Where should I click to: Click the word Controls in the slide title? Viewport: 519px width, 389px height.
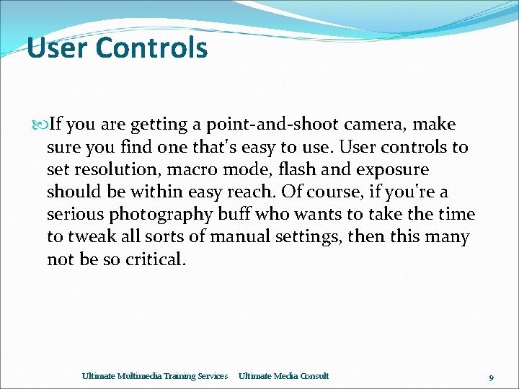pos(151,48)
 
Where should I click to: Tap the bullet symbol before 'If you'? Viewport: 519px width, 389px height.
pos(40,125)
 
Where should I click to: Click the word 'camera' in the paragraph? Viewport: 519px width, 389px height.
pos(378,125)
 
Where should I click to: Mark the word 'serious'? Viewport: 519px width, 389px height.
pos(76,215)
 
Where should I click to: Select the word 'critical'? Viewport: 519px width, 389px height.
pos(153,259)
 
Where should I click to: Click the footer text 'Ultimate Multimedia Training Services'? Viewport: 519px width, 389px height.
pos(155,376)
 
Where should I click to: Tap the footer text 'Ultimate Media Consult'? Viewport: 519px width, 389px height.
pos(283,376)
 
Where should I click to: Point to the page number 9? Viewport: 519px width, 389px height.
pos(491,377)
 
